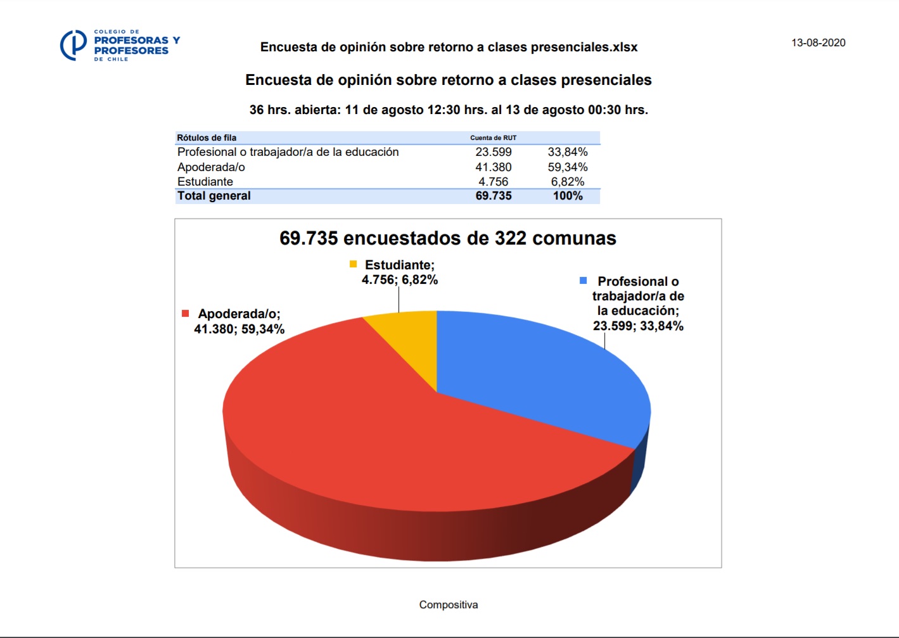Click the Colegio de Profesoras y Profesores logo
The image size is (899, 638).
tap(120, 45)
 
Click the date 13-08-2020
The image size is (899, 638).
tap(818, 42)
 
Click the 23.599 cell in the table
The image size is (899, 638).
tap(494, 152)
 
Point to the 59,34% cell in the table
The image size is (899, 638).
tap(568, 167)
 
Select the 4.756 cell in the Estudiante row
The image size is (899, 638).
tap(494, 182)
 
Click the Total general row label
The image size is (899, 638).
tap(214, 196)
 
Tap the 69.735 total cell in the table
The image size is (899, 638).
tap(494, 196)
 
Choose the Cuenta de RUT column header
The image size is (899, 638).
tap(493, 137)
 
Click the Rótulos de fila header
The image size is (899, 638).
tap(207, 137)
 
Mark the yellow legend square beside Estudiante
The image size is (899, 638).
tap(353, 264)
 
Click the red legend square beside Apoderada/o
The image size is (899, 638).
tap(186, 314)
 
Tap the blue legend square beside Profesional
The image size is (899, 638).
tap(583, 281)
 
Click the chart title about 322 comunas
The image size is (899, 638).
tap(448, 238)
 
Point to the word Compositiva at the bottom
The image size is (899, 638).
tap(449, 604)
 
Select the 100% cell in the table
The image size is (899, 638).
tap(568, 196)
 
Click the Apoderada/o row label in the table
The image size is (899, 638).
tap(211, 167)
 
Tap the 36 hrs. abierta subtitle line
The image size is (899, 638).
tap(449, 110)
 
